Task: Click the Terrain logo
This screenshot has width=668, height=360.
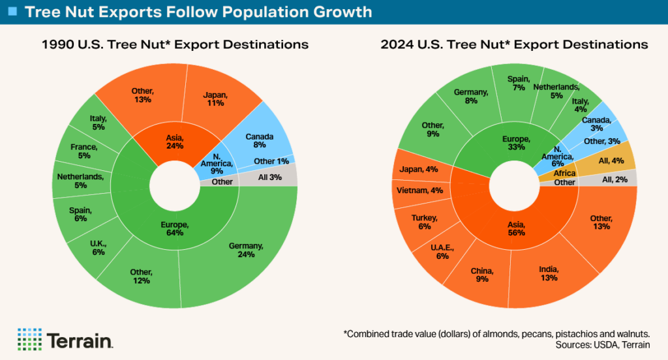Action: (66, 338)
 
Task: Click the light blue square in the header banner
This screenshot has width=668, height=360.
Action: (11, 11)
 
